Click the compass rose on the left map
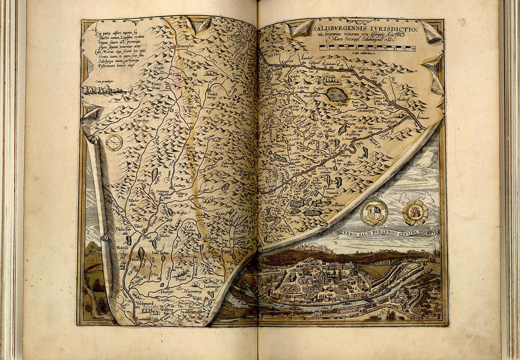click(114, 142)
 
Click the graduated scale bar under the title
click(367, 48)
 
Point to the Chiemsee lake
click(337, 94)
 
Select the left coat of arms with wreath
click(374, 212)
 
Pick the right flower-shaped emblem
click(415, 212)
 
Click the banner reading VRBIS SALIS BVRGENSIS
click(388, 233)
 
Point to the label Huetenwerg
click(193, 291)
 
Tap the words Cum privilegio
click(105, 81)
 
